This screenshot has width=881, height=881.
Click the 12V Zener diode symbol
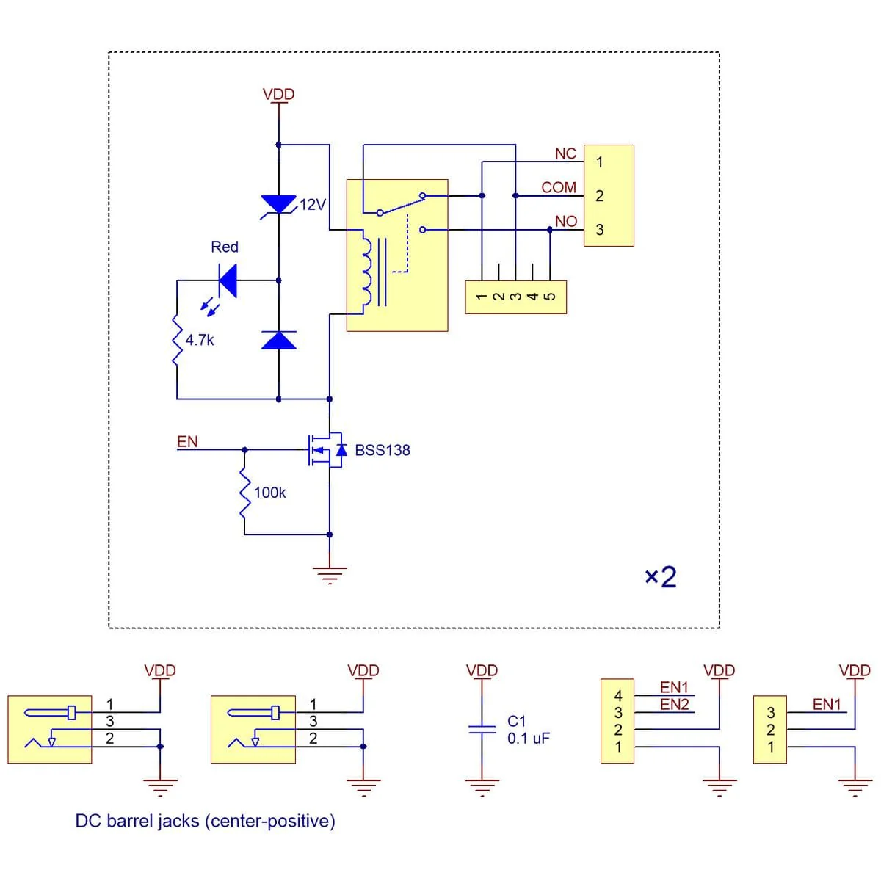tap(279, 205)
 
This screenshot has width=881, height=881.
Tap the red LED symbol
tap(227, 280)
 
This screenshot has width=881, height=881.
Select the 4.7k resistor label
tap(199, 340)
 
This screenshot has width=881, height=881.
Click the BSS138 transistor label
tap(382, 450)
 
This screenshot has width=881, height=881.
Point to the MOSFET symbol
tap(327, 449)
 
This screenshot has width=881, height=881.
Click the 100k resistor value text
tap(269, 493)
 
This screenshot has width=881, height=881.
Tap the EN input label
tap(187, 441)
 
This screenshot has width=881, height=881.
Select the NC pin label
tap(565, 153)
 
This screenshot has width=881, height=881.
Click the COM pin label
tap(559, 187)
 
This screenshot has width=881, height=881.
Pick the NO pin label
tap(565, 221)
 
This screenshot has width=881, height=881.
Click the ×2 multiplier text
tap(660, 577)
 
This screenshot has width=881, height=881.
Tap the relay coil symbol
tap(365, 269)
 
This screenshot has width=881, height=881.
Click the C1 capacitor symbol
tap(482, 728)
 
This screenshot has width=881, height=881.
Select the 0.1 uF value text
tap(528, 739)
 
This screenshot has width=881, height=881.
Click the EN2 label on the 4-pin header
tap(674, 704)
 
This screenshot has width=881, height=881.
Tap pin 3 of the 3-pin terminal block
tap(600, 230)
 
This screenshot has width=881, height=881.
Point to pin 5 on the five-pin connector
tap(550, 297)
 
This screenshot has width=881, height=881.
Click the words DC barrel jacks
tap(137, 821)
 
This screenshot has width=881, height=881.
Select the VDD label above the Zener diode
tap(278, 94)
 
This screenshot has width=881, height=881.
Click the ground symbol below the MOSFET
tap(330, 574)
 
